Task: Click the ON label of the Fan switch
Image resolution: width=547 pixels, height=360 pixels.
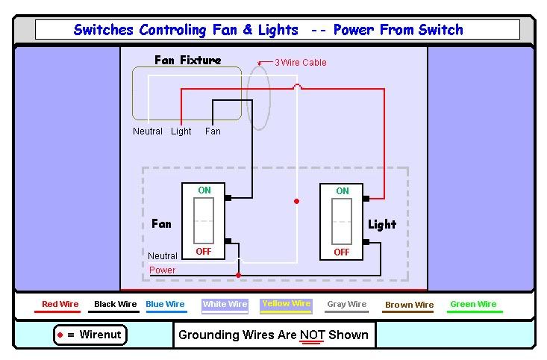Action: (204, 190)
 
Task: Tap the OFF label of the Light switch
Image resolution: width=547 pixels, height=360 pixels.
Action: (342, 252)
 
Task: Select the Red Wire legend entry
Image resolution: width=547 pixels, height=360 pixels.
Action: (60, 305)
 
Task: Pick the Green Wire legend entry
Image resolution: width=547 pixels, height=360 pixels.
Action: (473, 305)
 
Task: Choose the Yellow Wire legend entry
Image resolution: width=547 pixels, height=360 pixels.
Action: (287, 304)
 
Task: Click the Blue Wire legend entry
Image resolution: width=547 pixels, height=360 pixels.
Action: (166, 305)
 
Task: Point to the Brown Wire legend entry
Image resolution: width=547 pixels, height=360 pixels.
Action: (409, 305)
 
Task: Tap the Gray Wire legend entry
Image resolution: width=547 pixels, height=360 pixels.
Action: (347, 305)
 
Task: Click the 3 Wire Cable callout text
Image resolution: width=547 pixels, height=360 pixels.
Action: (300, 63)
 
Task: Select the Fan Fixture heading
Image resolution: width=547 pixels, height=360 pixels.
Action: (187, 60)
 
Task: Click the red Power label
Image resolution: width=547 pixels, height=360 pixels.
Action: (163, 270)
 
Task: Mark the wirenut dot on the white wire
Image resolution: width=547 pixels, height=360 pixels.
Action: (296, 201)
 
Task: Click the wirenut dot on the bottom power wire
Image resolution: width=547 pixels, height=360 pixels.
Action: (238, 275)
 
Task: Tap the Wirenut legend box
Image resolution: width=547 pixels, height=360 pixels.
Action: (90, 335)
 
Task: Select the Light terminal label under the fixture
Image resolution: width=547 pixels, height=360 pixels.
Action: (181, 131)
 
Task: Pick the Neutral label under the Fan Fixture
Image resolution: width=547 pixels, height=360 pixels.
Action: (148, 131)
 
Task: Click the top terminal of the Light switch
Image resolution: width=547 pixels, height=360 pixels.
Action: (367, 199)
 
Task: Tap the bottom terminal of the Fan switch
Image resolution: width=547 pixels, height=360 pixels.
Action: (228, 241)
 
